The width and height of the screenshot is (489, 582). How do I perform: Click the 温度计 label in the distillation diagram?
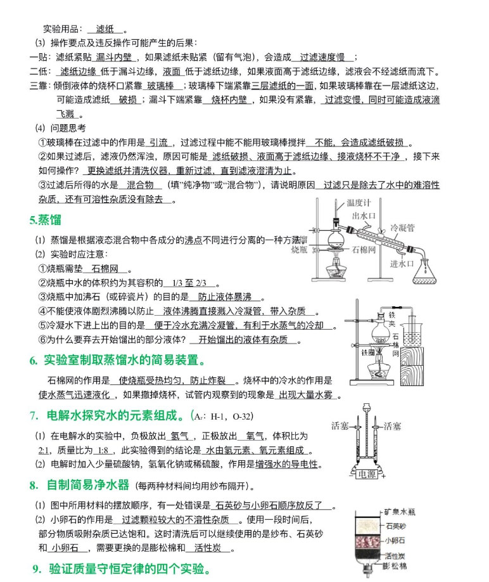click(x=358, y=204)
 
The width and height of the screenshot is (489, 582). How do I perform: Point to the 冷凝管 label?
click(x=402, y=226)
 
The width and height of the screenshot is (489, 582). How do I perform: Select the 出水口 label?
click(x=364, y=216)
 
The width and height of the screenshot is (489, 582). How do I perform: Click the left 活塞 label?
click(x=341, y=426)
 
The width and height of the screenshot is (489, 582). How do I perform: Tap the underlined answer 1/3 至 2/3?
click(x=189, y=283)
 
